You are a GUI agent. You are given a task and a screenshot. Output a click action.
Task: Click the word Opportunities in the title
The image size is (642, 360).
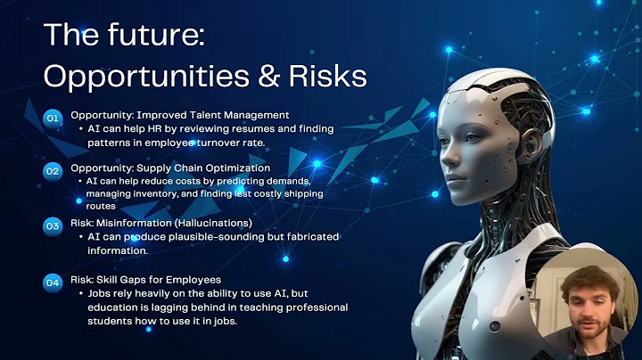[127, 76]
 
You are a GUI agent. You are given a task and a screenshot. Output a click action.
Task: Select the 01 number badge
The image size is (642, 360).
[53, 116]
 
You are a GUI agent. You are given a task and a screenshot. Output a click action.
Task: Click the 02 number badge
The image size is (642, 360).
[53, 168]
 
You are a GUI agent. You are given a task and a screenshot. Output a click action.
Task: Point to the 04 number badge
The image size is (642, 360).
[53, 282]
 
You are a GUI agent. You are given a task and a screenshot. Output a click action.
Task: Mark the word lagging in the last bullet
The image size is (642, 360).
[152, 307]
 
